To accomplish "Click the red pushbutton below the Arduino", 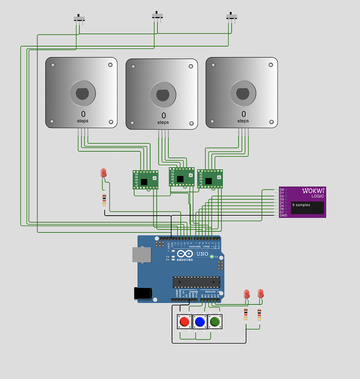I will coord(185,322).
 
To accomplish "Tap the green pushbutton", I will coord(215,322).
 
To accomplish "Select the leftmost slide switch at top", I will coord(79,18).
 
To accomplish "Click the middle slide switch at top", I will coord(158,16).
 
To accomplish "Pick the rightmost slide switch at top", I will coord(232,17).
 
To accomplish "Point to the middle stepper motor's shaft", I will coord(163,94).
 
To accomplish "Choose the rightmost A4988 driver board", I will coord(210,179).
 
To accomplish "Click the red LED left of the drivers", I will coord(103,173).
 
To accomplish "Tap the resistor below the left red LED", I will coord(104,199).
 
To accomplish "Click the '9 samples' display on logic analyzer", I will coord(307,208).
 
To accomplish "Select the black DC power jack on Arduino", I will coord(143,293).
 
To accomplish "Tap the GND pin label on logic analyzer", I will coord(283,215).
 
